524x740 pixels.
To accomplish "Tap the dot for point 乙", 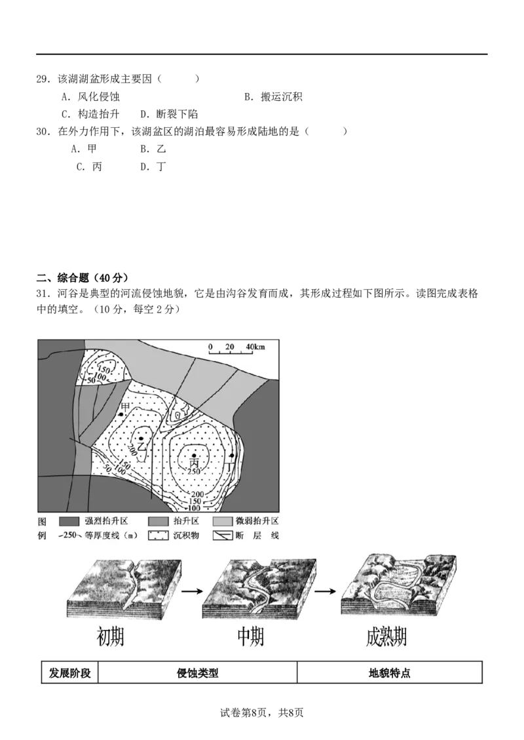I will click(141, 438).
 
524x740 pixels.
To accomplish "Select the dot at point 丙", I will click(194, 455).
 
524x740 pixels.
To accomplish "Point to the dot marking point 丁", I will click(232, 455).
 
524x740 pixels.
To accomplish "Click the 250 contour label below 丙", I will click(194, 471).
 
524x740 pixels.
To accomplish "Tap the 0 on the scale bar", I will click(210, 346).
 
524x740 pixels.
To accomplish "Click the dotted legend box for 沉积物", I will click(158, 536).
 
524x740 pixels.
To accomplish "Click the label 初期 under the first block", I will click(109, 638).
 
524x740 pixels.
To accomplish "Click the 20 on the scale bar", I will click(229, 346).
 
